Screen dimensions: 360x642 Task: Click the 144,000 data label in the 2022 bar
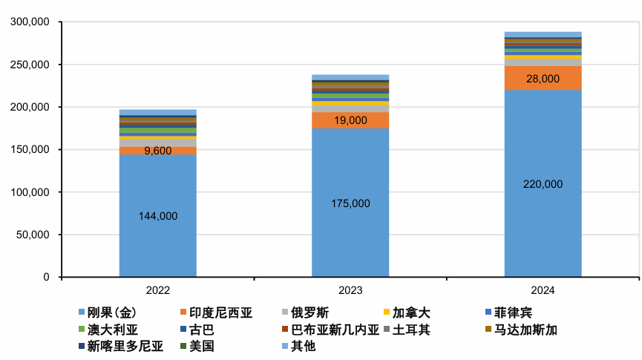pos(158,216)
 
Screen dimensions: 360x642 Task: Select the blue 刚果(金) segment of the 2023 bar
pos(350,238)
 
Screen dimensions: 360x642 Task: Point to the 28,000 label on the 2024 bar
pos(543,78)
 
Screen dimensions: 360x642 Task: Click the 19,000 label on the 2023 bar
pos(350,120)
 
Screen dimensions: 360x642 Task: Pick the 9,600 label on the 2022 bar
pos(158,151)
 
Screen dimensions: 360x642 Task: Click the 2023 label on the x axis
pos(350,290)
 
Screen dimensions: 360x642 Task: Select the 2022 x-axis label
pos(158,290)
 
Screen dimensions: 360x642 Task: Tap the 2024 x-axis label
pos(543,290)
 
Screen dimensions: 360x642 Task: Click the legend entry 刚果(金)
pos(111,312)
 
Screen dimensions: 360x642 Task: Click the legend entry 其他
pos(303,345)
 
